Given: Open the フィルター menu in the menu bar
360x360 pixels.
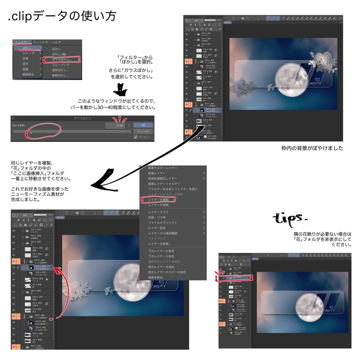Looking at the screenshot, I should tap(22, 42).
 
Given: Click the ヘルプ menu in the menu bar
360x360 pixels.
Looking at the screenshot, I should tap(56, 42).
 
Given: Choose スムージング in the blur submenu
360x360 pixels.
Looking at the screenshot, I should tap(61, 65).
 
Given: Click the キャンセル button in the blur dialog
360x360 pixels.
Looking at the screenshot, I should tap(143, 131).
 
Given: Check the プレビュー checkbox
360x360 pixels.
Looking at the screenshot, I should tap(136, 137).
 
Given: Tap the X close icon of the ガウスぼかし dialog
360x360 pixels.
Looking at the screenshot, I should tap(13, 118).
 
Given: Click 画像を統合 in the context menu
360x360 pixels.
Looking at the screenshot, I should tap(155, 277).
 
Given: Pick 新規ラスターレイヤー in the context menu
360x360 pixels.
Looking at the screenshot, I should tap(163, 168).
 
